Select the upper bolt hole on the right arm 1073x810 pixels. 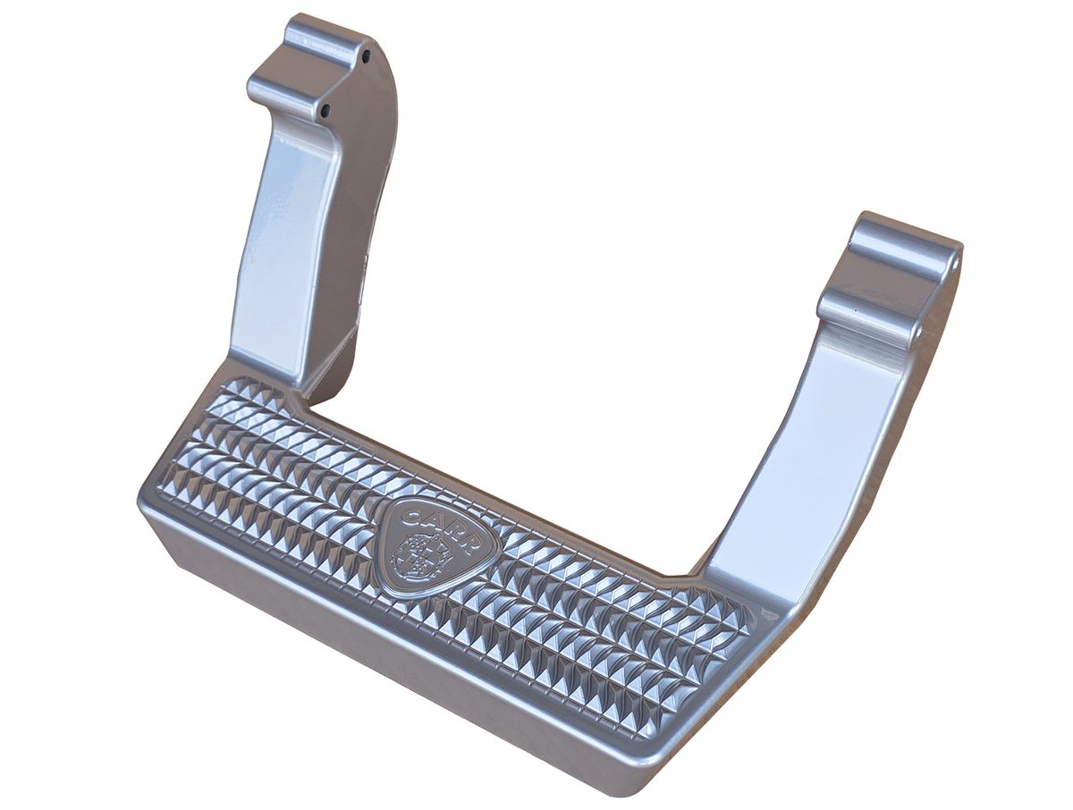pos(957,265)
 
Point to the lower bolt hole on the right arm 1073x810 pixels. pos(918,331)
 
